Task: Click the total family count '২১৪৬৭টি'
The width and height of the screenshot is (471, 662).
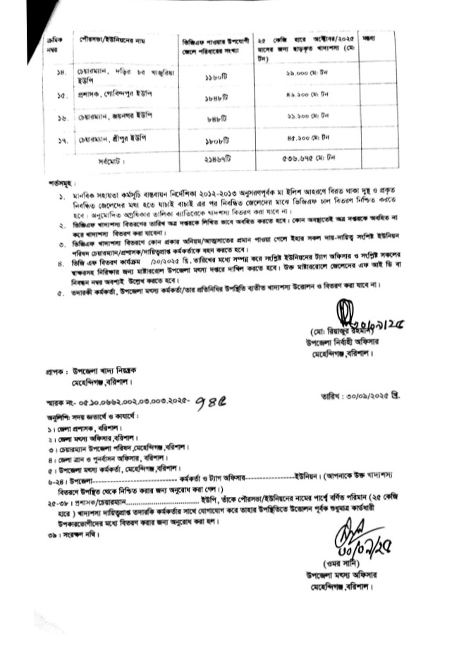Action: click(x=212, y=161)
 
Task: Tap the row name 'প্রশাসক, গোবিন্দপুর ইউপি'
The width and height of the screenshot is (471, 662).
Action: click(x=116, y=94)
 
